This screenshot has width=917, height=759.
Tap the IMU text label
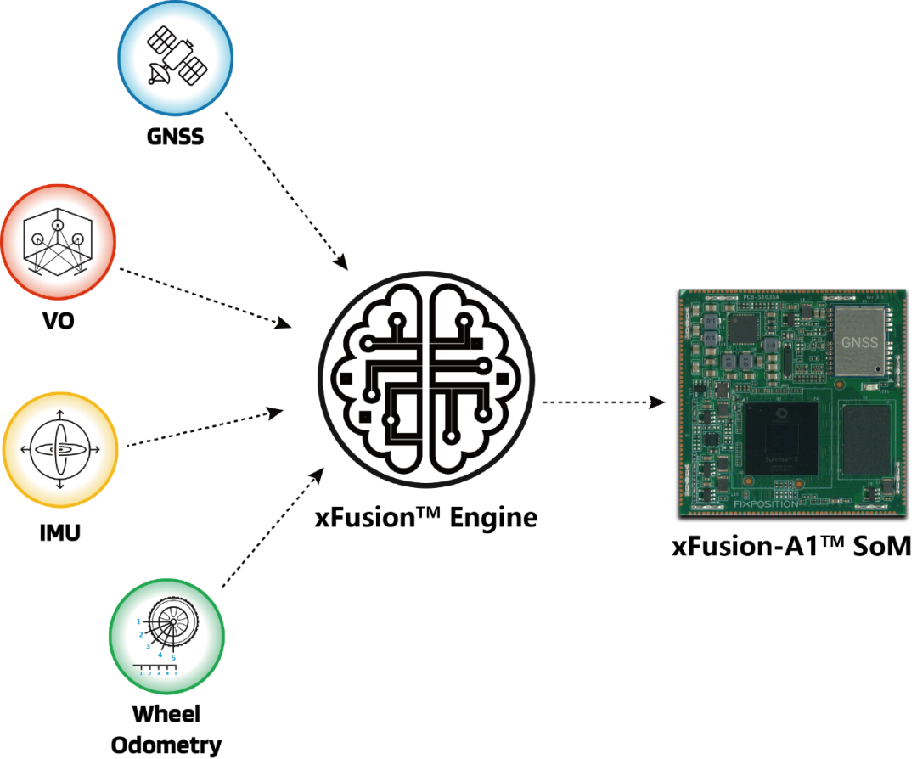click(x=59, y=535)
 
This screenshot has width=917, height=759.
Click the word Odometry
click(x=166, y=745)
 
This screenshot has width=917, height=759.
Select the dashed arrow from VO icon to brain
click(x=204, y=298)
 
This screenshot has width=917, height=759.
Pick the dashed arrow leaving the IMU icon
click(x=204, y=428)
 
